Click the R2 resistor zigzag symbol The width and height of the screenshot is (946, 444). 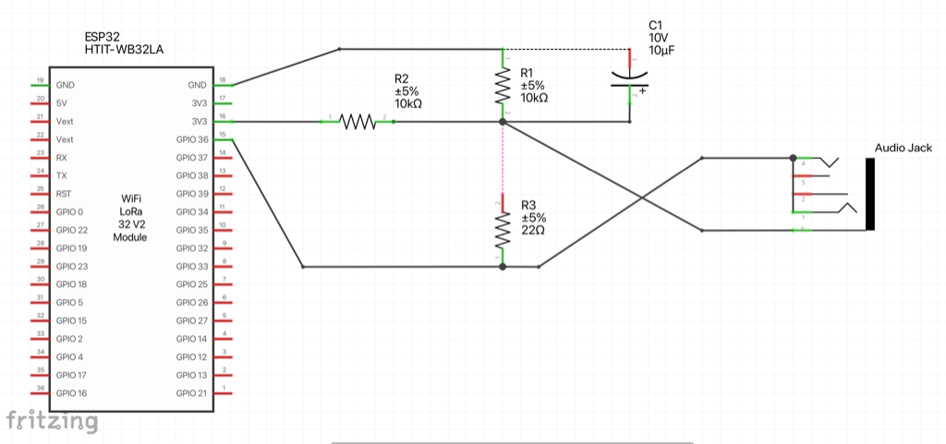coord(358,122)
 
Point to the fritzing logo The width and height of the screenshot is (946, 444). coord(52,422)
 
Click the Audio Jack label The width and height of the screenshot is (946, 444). coord(904,148)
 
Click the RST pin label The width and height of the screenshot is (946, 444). coord(63,194)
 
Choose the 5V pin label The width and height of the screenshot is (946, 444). coord(62,103)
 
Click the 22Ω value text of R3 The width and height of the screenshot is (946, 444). coord(533,231)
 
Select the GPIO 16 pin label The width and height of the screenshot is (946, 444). coord(71,393)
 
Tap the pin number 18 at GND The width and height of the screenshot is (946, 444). coord(222,80)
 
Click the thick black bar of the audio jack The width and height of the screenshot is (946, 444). coord(870,194)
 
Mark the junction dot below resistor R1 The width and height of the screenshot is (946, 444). coord(503,122)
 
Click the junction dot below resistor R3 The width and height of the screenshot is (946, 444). coord(503,267)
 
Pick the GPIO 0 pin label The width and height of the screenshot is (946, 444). coord(69,212)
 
